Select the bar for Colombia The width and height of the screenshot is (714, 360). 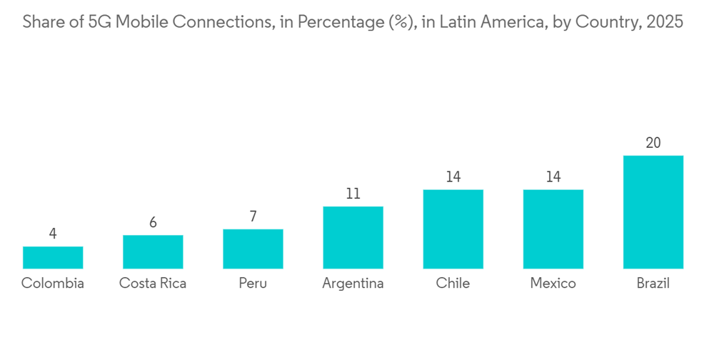(x=53, y=257)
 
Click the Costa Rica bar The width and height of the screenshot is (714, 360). (x=153, y=251)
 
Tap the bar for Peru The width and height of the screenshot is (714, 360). (x=253, y=249)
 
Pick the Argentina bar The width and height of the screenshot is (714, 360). (x=353, y=237)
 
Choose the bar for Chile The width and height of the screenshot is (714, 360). (x=453, y=229)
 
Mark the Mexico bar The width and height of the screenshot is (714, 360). (x=553, y=229)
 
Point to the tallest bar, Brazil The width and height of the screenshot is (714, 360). (x=653, y=211)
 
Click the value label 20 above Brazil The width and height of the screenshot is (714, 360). (x=653, y=143)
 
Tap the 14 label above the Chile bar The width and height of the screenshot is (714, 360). (x=453, y=177)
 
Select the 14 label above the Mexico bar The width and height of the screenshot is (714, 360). (x=553, y=177)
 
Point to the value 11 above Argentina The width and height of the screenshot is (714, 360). (x=353, y=194)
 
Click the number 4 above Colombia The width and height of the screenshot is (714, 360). (x=53, y=234)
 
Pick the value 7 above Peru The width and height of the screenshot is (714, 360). (x=253, y=216)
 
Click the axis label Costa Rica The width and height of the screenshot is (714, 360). (x=153, y=284)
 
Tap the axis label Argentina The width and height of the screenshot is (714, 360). (x=353, y=284)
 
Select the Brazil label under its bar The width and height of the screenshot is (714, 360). (x=653, y=284)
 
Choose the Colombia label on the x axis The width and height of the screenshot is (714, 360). (x=53, y=284)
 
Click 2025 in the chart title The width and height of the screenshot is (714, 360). (x=664, y=22)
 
